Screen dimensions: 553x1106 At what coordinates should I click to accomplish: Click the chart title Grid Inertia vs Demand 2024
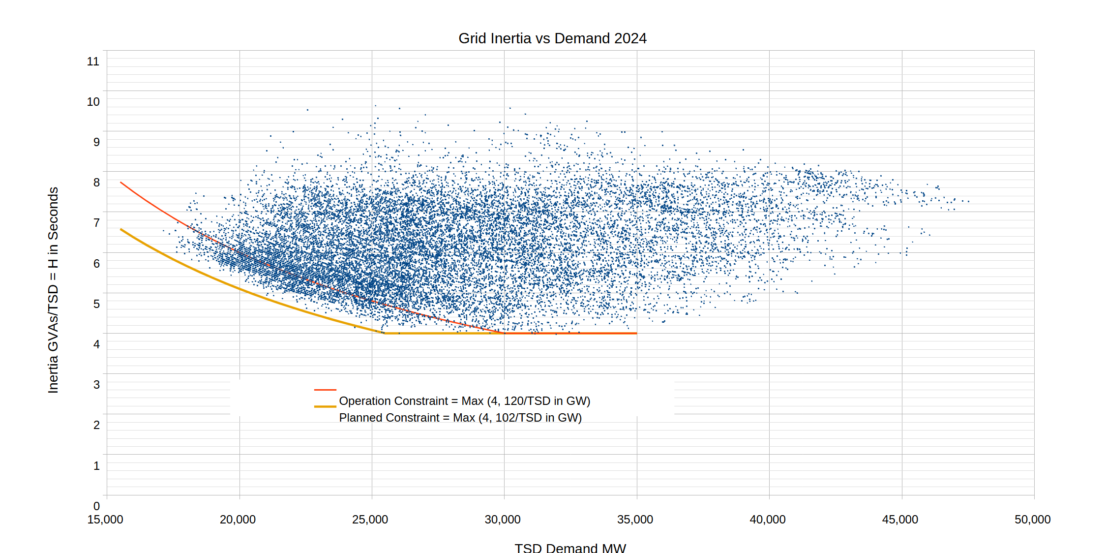pyautogui.click(x=552, y=38)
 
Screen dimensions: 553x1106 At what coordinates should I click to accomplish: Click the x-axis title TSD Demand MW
pyautogui.click(x=570, y=548)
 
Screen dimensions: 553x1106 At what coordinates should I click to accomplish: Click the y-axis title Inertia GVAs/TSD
pyautogui.click(x=53, y=290)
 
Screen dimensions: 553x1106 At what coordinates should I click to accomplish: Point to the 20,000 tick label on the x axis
pyautogui.click(x=238, y=520)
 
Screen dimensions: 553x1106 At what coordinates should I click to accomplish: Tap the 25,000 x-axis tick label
pyautogui.click(x=370, y=520)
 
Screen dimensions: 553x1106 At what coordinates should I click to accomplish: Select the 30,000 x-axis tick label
pyautogui.click(x=503, y=520)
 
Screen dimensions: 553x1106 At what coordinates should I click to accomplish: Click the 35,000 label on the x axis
pyautogui.click(x=635, y=520)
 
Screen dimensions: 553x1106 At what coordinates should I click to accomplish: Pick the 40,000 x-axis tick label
pyautogui.click(x=767, y=520)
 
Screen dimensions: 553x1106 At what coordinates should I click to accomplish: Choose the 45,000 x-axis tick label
pyautogui.click(x=900, y=520)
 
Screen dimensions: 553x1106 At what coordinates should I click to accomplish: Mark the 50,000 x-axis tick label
pyautogui.click(x=1032, y=520)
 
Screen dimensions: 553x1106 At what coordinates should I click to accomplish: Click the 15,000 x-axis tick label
pyautogui.click(x=105, y=520)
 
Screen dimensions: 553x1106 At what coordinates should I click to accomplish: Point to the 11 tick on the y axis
pyautogui.click(x=93, y=61)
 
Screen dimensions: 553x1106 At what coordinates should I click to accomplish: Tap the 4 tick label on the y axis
pyautogui.click(x=96, y=344)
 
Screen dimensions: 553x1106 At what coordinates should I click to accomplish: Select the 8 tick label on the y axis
pyautogui.click(x=96, y=183)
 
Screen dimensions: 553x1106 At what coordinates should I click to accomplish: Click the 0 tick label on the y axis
pyautogui.click(x=96, y=506)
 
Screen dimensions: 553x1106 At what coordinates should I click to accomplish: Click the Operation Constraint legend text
pyautogui.click(x=464, y=401)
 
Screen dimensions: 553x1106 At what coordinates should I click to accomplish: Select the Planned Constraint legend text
pyautogui.click(x=460, y=418)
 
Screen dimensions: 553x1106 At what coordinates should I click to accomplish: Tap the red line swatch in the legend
pyautogui.click(x=325, y=390)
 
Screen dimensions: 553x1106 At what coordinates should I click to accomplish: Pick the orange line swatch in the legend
pyautogui.click(x=325, y=406)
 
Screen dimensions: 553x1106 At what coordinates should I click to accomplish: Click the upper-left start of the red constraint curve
pyautogui.click(x=121, y=183)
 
